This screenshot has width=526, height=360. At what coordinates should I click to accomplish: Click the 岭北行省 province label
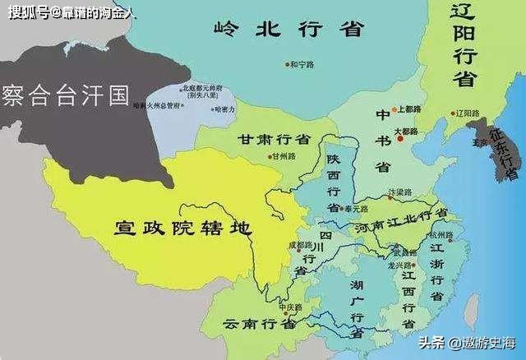tap(288, 30)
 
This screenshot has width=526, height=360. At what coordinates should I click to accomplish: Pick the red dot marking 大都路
tap(400, 139)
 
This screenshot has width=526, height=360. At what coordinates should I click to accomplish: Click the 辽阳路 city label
tap(467, 113)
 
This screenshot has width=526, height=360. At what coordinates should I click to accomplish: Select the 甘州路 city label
tap(284, 155)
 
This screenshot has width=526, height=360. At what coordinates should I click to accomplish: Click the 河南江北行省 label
tap(400, 225)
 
